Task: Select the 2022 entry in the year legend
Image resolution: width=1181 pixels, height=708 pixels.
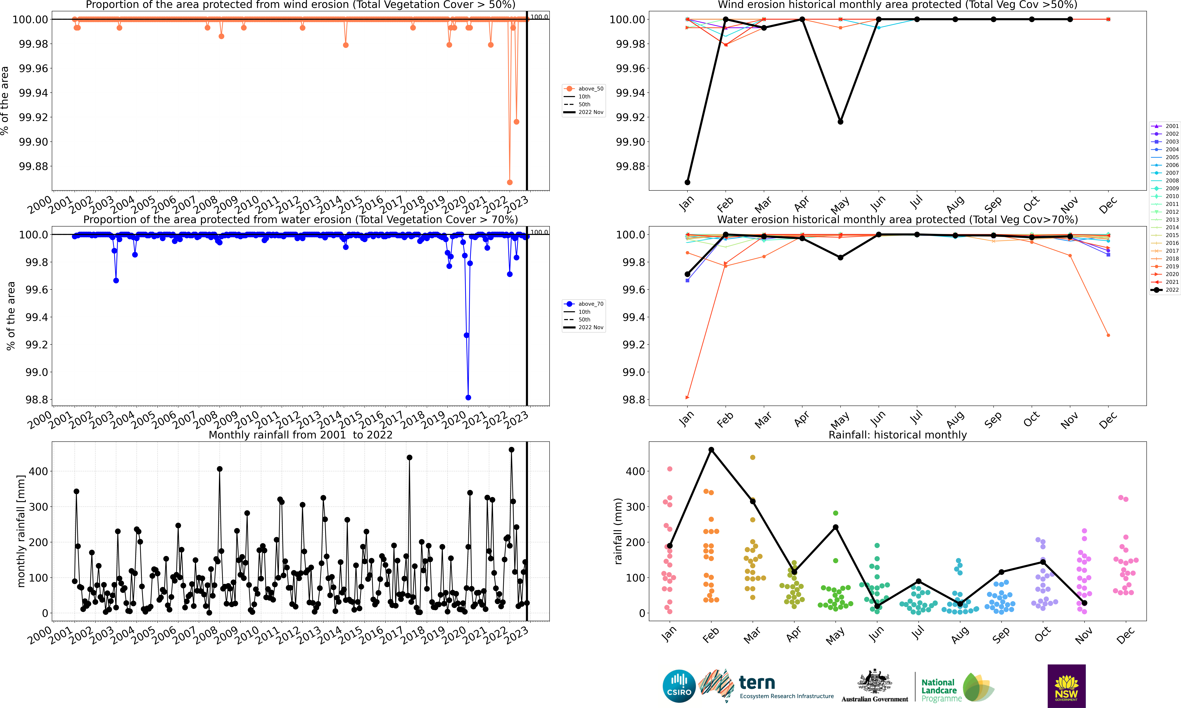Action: coord(1165,290)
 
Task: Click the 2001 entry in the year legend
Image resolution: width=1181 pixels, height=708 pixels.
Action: coord(1165,126)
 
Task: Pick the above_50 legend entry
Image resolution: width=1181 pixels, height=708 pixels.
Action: coord(584,89)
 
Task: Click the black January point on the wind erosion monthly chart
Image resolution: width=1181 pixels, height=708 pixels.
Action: coord(687,182)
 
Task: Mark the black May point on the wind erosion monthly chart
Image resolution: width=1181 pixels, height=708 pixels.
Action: coord(840,122)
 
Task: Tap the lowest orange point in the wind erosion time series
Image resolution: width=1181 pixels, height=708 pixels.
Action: coord(509,182)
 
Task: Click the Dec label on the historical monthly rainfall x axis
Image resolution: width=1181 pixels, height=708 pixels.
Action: coord(1125,635)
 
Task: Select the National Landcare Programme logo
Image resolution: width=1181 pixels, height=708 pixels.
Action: coord(955,687)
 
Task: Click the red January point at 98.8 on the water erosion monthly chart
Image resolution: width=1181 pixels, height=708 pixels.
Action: coord(687,397)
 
